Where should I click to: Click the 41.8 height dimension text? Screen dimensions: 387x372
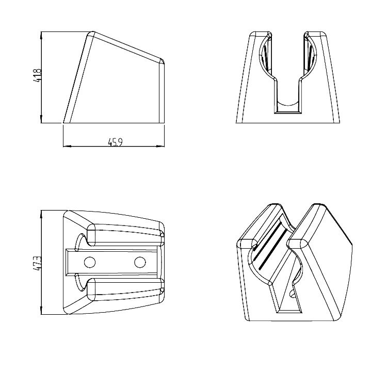pyautogui.click(x=39, y=75)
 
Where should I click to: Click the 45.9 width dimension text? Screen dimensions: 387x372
pyautogui.click(x=115, y=142)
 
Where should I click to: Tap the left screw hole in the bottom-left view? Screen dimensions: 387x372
pyautogui.click(x=90, y=262)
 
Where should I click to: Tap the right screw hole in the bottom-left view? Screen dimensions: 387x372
pyautogui.click(x=140, y=262)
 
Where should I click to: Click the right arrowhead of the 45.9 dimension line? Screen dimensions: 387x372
pyautogui.click(x=160, y=146)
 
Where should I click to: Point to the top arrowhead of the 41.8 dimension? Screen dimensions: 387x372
pyautogui.click(x=41, y=35)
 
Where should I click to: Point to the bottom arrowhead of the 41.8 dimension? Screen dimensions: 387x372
pyautogui.click(x=41, y=119)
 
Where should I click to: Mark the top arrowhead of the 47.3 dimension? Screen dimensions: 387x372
pyautogui.click(x=41, y=214)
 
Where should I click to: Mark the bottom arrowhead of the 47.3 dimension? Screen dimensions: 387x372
pyautogui.click(x=41, y=311)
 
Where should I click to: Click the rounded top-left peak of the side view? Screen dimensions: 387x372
pyautogui.click(x=91, y=33)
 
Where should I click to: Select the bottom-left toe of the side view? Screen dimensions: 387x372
pyautogui.click(x=64, y=122)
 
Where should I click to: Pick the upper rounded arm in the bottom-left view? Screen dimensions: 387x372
pyautogui.click(x=125, y=235)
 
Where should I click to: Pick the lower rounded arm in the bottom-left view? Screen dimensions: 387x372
pyautogui.click(x=125, y=289)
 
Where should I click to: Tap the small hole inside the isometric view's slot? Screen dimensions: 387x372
pyautogui.click(x=292, y=294)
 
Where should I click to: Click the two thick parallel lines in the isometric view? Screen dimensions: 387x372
pyautogui.click(x=269, y=245)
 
